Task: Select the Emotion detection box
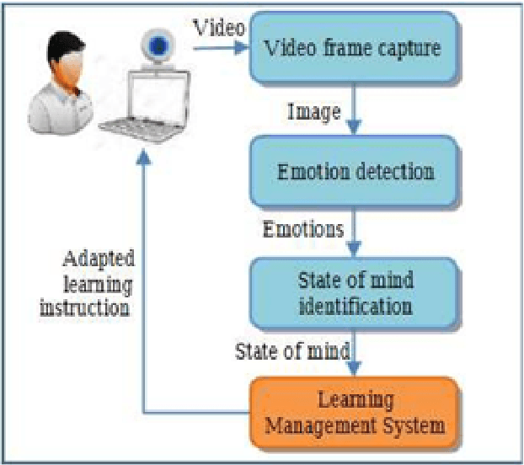point(355,172)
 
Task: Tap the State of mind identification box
point(355,291)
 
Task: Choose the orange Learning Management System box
point(355,412)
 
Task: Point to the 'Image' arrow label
point(313,111)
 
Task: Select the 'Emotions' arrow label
point(303,229)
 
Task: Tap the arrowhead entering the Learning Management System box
point(355,367)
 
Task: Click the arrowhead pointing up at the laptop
point(144,157)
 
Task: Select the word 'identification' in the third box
point(354,304)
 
